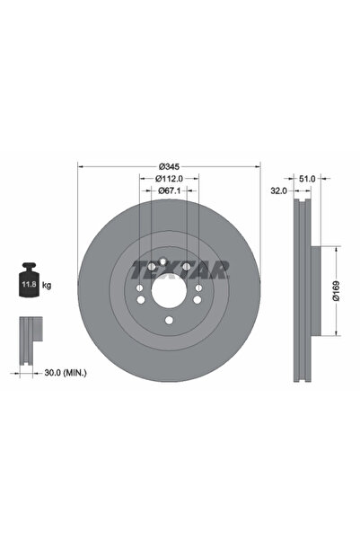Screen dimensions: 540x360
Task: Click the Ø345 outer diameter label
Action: [169, 166]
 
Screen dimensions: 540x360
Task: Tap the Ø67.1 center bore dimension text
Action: [169, 190]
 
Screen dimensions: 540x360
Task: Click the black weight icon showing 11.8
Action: [29, 282]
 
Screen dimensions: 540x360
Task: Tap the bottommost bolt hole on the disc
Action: [169, 323]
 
